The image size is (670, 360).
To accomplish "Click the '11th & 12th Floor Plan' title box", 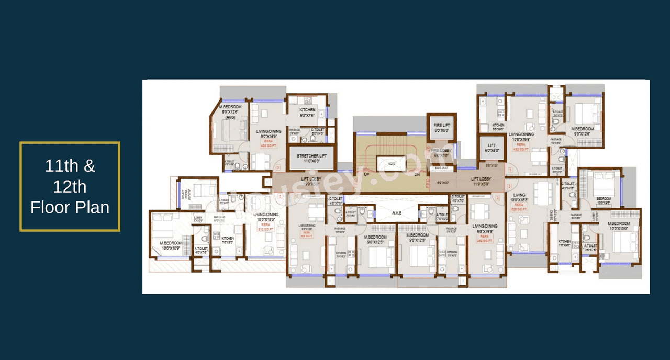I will point(70,186).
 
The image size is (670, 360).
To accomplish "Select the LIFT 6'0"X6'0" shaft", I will point(492,148).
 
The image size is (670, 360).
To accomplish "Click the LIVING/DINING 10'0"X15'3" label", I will point(266,217).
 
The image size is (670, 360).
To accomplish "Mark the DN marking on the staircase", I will point(417,175).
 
